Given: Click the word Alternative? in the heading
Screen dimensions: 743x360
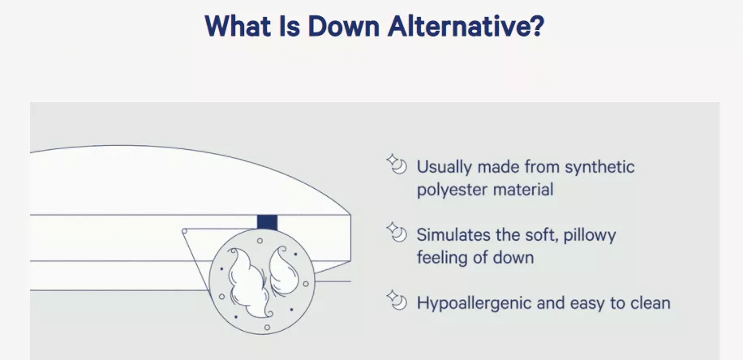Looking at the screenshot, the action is tap(466, 26).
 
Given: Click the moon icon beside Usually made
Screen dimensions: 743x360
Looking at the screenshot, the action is tap(397, 164).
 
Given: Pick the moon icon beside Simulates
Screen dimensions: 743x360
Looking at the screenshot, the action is tap(397, 232).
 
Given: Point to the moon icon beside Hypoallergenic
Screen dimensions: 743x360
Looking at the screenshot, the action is tap(397, 300).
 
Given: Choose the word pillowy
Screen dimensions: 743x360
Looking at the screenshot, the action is tap(590, 236).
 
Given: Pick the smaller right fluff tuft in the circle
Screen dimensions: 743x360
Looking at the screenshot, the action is tap(284, 270).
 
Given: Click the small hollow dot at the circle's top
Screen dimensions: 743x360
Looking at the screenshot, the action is tap(260, 241).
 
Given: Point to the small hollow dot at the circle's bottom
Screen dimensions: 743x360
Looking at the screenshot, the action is tap(267, 327).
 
